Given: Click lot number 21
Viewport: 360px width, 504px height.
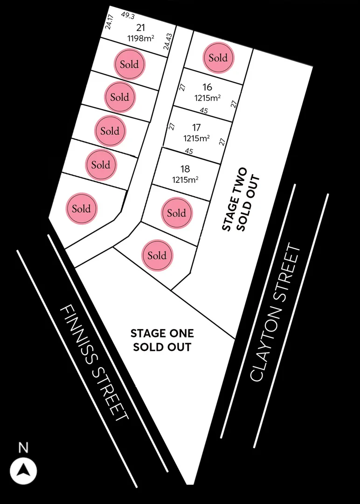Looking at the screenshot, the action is pyautogui.click(x=140, y=28).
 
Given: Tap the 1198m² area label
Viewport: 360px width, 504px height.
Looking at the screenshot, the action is pyautogui.click(x=141, y=38).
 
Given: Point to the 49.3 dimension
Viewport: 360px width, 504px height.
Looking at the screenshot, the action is pyautogui.click(x=127, y=15).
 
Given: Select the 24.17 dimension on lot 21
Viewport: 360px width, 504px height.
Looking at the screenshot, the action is pyautogui.click(x=110, y=21).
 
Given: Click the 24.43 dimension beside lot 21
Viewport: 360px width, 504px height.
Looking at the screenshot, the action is pyautogui.click(x=167, y=42).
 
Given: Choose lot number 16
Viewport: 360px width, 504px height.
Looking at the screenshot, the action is pyautogui.click(x=208, y=87).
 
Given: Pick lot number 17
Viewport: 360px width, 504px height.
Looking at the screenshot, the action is pyautogui.click(x=196, y=127).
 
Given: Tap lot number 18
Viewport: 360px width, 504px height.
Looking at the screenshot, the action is pyautogui.click(x=185, y=169).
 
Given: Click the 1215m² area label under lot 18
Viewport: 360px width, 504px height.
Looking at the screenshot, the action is pyautogui.click(x=185, y=179).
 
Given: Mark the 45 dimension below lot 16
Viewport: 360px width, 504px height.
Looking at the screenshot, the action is pyautogui.click(x=204, y=111).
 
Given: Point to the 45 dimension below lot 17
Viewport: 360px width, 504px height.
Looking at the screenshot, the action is pyautogui.click(x=189, y=151).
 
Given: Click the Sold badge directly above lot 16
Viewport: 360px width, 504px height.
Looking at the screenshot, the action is pyautogui.click(x=218, y=58).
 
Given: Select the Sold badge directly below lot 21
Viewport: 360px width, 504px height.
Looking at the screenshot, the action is pyautogui.click(x=130, y=64).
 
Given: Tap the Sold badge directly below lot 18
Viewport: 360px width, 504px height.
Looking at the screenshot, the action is pyautogui.click(x=177, y=213).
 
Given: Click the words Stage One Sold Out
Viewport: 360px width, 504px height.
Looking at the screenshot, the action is pyautogui.click(x=162, y=340).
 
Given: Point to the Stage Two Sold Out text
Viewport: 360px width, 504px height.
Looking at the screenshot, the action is pyautogui.click(x=241, y=199).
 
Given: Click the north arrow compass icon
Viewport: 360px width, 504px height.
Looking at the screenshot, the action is pyautogui.click(x=23, y=471).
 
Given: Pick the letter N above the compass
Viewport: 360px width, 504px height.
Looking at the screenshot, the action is pyautogui.click(x=23, y=448).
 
